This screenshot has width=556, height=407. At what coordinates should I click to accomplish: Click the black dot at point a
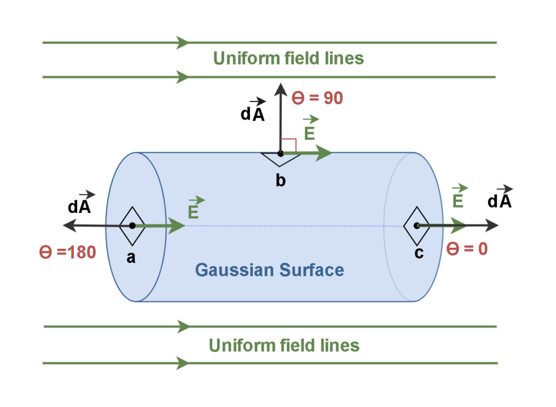[x=132, y=226]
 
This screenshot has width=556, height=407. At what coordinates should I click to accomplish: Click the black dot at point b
[x=280, y=154]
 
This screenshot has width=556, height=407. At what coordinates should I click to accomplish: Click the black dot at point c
[x=416, y=226]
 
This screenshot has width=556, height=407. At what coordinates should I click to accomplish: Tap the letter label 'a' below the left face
[x=131, y=258]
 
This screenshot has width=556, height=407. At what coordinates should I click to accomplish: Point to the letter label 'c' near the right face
[x=419, y=253]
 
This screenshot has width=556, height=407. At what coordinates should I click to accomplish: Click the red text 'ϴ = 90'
[x=318, y=98]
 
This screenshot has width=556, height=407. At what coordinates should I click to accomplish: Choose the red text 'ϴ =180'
[x=67, y=252]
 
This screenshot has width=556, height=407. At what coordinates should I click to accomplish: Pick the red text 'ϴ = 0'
[x=466, y=249]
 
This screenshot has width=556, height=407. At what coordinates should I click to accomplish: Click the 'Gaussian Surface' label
[x=269, y=270]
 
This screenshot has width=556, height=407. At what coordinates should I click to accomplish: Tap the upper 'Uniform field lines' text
[x=288, y=59]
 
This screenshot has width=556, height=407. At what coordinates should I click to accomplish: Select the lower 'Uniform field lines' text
[x=284, y=345]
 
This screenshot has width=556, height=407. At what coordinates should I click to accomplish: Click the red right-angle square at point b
[x=288, y=146]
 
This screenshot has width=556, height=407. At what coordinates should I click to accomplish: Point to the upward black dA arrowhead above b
[x=280, y=90]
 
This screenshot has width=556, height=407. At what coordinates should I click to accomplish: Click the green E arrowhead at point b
[x=325, y=154]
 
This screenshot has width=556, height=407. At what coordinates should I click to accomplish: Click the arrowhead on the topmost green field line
[x=182, y=42]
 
